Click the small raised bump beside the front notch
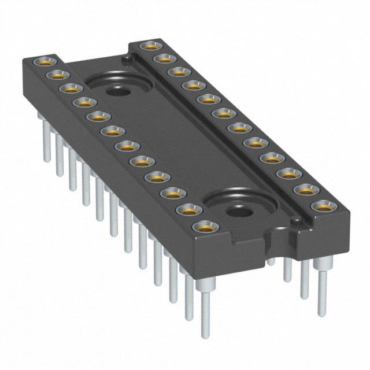pyautogui.click(x=297, y=221)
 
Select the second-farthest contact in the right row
pyautogui.click(x=164, y=58)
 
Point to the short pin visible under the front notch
pyautogui.click(x=271, y=260)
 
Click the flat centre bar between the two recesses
pyautogui.click(x=179, y=150)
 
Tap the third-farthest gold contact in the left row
pyautogui.click(x=69, y=88)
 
